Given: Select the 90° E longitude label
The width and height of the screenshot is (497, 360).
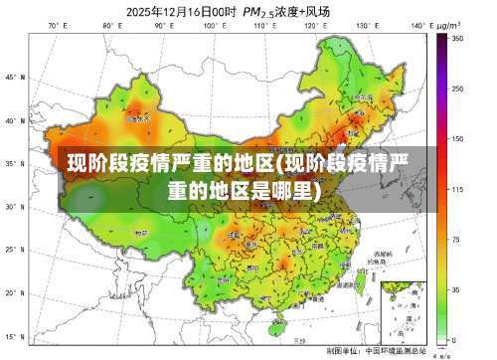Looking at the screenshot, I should pyautogui.click(x=158, y=25).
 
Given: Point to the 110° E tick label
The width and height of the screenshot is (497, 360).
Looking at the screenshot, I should pyautogui.click(x=261, y=25).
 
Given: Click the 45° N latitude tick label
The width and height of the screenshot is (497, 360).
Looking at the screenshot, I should pyautogui.click(x=12, y=77).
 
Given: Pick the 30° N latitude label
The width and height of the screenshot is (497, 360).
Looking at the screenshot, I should pyautogui.click(x=12, y=208).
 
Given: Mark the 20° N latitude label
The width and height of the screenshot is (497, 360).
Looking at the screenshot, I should pyautogui.click(x=12, y=294).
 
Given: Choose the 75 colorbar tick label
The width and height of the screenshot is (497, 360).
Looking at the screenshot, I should pyautogui.click(x=456, y=240).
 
